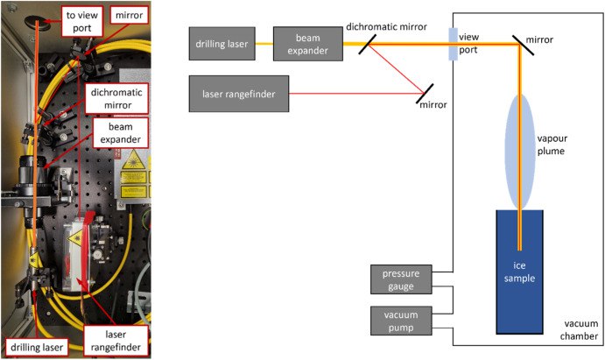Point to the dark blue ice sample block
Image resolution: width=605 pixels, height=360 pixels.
click(x=521, y=272)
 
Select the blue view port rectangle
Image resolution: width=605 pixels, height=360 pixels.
click(x=454, y=43)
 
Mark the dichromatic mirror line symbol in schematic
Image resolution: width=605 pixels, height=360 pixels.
click(x=369, y=41)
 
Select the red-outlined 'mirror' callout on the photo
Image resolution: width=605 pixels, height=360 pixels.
click(x=130, y=15)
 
